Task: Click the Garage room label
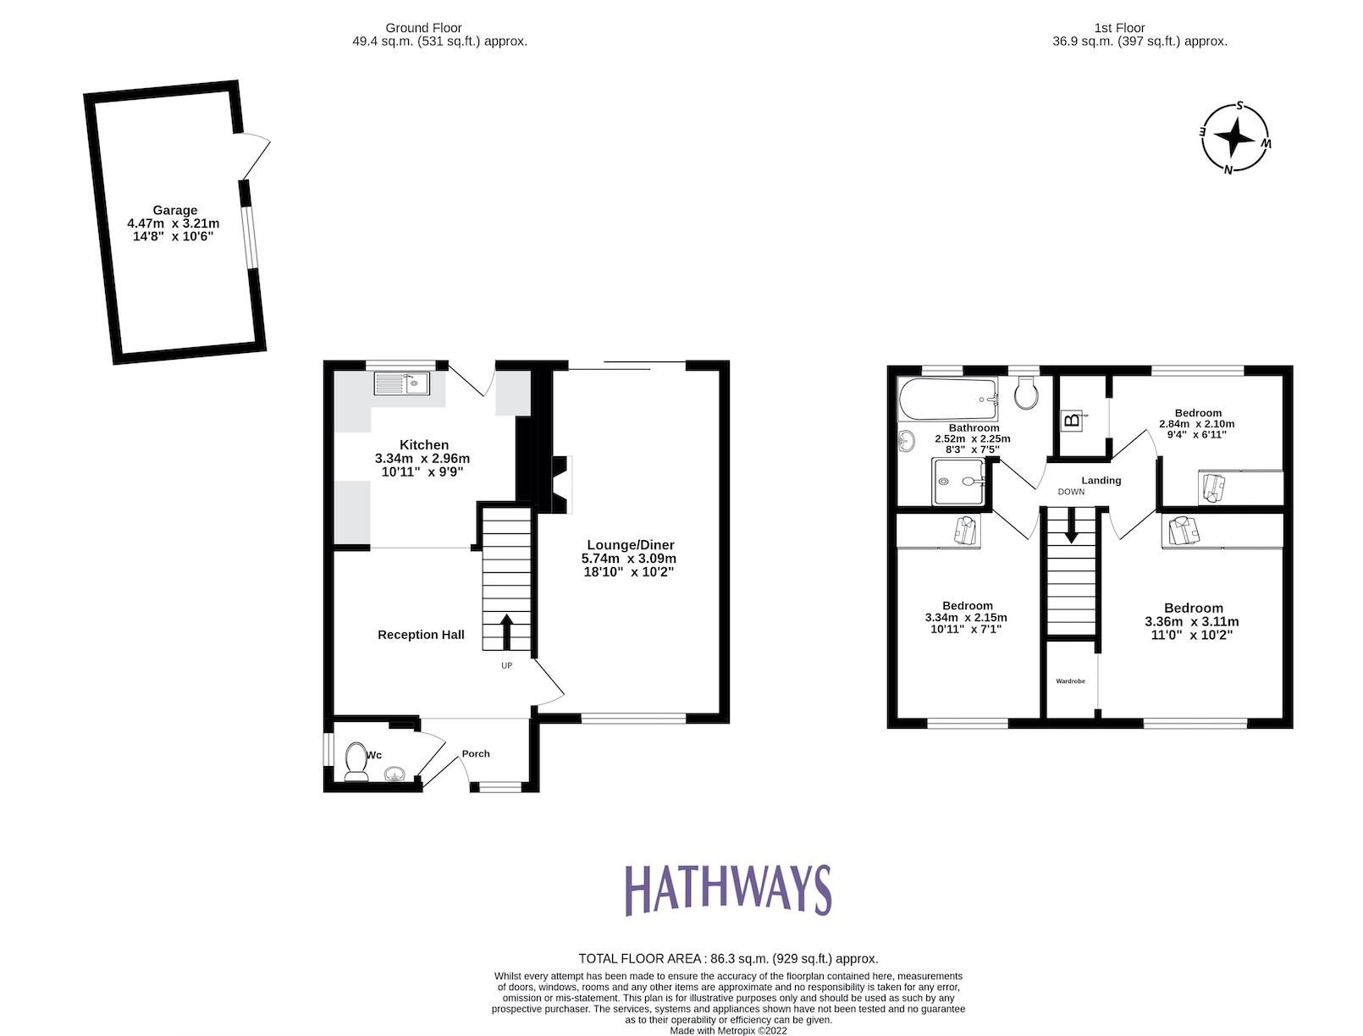click(x=175, y=211)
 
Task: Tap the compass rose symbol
click(x=1236, y=138)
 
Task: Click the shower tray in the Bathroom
click(x=959, y=481)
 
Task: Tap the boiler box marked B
click(x=1072, y=419)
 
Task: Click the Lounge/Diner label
click(x=628, y=545)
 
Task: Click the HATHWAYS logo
click(x=727, y=890)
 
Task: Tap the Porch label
click(x=476, y=753)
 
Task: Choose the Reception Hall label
click(x=421, y=635)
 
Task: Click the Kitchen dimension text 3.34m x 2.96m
click(x=422, y=459)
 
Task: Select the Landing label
click(x=1101, y=481)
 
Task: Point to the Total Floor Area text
click(x=728, y=959)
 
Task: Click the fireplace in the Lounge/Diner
click(x=560, y=484)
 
